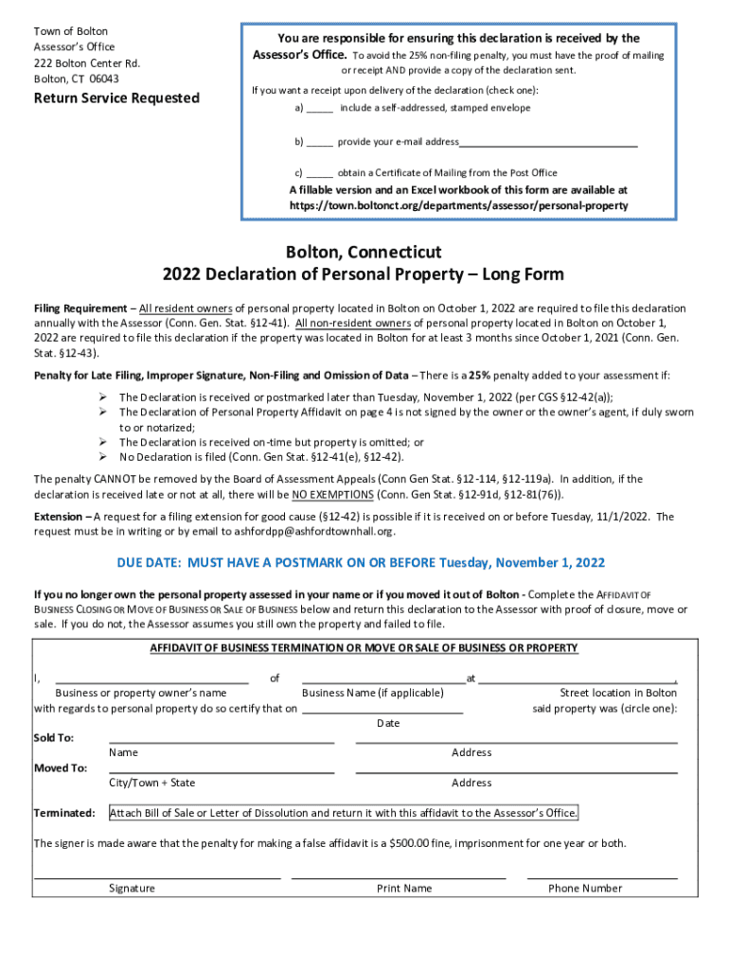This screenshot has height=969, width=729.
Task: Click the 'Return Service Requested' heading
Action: point(116,98)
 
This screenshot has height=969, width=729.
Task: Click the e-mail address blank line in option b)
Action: point(548,144)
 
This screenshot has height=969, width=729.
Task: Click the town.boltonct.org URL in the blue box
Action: point(458,205)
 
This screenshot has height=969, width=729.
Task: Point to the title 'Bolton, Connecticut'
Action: point(364,253)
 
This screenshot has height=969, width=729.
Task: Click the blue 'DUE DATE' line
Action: point(361,563)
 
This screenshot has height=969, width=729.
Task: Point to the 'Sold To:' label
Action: point(54,737)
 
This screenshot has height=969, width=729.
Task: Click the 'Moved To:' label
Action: point(61,767)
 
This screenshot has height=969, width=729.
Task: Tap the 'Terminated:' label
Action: point(64,813)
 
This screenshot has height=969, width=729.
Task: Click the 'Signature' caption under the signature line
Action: point(132,889)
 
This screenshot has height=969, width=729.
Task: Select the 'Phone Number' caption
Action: point(585,889)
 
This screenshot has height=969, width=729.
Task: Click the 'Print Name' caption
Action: point(404,889)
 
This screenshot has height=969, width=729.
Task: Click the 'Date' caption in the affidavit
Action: point(388,723)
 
